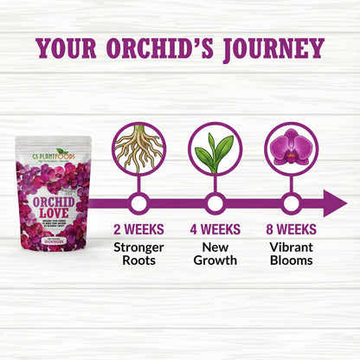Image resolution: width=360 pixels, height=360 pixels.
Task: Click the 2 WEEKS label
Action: click(138, 229)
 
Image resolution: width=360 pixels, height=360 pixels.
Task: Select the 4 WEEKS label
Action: click(215, 229)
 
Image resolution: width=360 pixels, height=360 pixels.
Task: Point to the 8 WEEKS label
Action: click(292, 229)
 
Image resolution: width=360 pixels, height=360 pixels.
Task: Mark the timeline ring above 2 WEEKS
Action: click(138, 204)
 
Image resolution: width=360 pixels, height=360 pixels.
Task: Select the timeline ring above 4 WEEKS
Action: click(215, 204)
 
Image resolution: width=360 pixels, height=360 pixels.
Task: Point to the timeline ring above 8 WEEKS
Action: click(292, 204)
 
